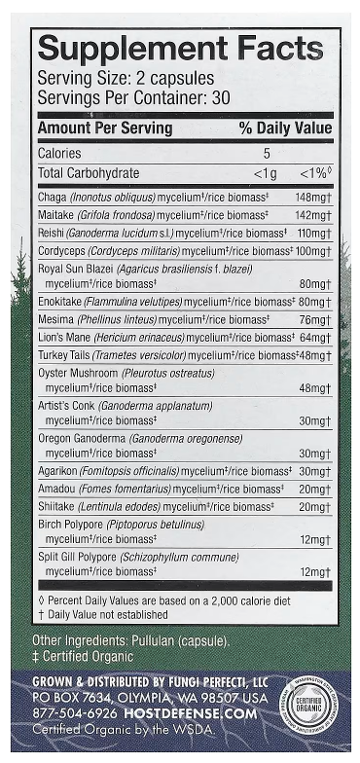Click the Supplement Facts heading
click(179, 50)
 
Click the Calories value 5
click(266, 153)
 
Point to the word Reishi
click(52, 234)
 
